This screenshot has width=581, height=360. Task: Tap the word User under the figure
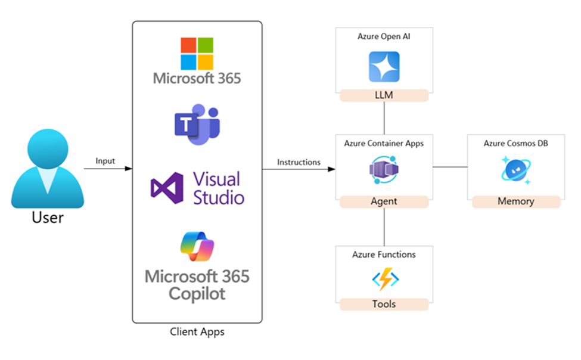coord(47,217)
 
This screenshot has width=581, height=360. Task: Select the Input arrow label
coord(105,161)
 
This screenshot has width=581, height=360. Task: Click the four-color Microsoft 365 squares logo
coord(197,54)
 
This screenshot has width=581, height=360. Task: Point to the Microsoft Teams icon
coord(197,124)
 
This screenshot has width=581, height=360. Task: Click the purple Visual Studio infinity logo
coord(167,188)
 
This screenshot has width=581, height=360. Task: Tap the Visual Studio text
coord(218,188)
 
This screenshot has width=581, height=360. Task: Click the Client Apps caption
coord(197,331)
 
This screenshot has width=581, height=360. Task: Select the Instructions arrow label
coord(299,162)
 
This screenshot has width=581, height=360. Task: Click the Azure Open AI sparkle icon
coord(384,67)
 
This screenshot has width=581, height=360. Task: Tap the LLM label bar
coord(384,95)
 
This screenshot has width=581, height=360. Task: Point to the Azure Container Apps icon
coord(384,171)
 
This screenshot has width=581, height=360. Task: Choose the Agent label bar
coord(384,201)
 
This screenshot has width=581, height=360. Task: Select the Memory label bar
coord(515,201)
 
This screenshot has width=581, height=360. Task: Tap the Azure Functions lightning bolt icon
coord(384,279)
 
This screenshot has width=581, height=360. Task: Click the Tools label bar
coord(384,304)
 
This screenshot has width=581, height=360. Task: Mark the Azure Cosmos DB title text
coord(516,144)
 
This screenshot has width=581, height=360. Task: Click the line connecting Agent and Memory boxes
coord(450,167)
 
